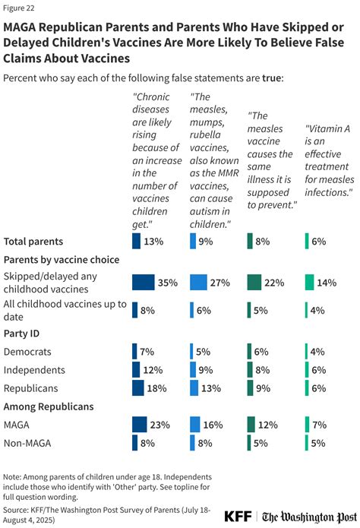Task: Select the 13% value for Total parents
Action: [x=154, y=242]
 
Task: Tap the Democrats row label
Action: [x=29, y=351]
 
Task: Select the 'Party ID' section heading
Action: [x=22, y=333]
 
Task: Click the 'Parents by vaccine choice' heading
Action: [x=62, y=260]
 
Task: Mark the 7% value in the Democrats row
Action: [x=147, y=351]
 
